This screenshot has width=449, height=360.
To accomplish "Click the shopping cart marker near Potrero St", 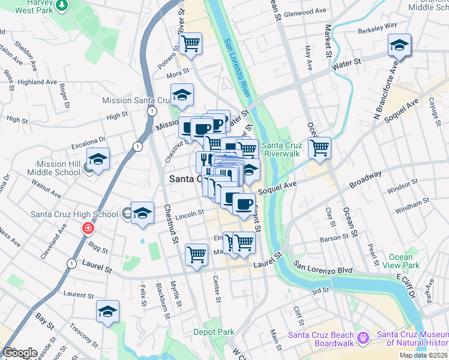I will click(190, 43).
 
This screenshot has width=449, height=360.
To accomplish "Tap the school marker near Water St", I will click(399, 45).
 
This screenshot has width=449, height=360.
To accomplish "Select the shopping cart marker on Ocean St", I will click(320, 147).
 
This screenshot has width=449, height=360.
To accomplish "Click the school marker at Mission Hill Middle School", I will click(98, 160).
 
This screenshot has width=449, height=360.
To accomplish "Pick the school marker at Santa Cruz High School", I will click(142, 213).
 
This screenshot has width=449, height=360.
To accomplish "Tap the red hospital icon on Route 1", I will click(88, 229).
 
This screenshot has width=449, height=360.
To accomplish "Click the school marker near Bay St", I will click(107, 311).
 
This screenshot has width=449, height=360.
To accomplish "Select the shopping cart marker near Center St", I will click(197, 254).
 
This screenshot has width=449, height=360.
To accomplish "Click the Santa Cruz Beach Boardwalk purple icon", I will click(363, 339).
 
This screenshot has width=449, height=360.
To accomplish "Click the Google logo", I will click(20, 352).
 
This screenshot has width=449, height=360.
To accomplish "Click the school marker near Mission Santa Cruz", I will click(182, 95).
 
